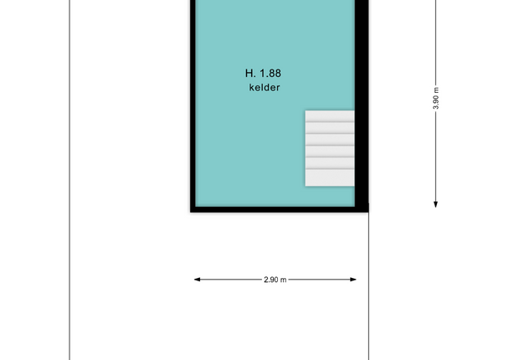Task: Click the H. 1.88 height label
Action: click(263, 73)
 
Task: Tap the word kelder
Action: click(265, 87)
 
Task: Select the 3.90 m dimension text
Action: click(436, 98)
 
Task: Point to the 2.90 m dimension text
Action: click(275, 280)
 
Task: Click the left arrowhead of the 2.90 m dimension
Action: click(197, 279)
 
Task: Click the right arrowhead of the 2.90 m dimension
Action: click(353, 279)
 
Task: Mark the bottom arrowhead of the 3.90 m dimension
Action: click(435, 204)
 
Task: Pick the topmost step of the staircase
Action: click(330, 116)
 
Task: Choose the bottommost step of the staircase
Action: click(330, 177)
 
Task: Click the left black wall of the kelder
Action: click(193, 104)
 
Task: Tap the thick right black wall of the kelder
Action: click(362, 104)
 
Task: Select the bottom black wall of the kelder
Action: click(279, 209)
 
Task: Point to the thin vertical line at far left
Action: click(69, 180)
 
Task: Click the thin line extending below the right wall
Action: click(368, 286)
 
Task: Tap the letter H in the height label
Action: click(249, 73)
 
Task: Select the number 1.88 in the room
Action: click(270, 73)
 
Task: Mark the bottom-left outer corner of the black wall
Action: click(191, 213)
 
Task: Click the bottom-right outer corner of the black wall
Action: click(368, 213)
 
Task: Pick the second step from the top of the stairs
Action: click(330, 128)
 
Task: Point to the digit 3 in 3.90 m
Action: click(436, 107)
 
